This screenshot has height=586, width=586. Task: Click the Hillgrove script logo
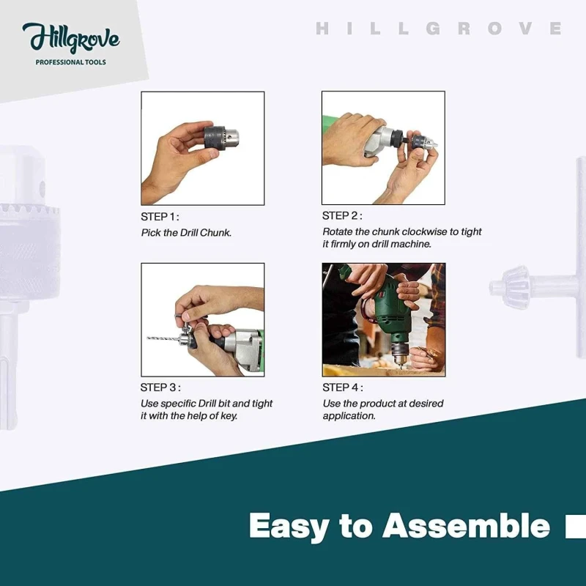pos(70,38)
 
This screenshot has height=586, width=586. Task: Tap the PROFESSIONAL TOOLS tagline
pos(70,62)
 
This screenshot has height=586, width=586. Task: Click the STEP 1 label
pos(159,217)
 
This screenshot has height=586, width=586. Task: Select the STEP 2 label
pos(341,216)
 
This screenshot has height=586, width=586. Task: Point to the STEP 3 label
pos(160,388)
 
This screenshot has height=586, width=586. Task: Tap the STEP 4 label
pos(342,388)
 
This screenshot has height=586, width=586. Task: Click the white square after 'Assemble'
pos(575,526)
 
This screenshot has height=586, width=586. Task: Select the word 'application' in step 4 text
pos(349,416)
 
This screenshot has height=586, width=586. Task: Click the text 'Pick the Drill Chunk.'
pos(187,232)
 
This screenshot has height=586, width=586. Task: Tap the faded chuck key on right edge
pos(542,282)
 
